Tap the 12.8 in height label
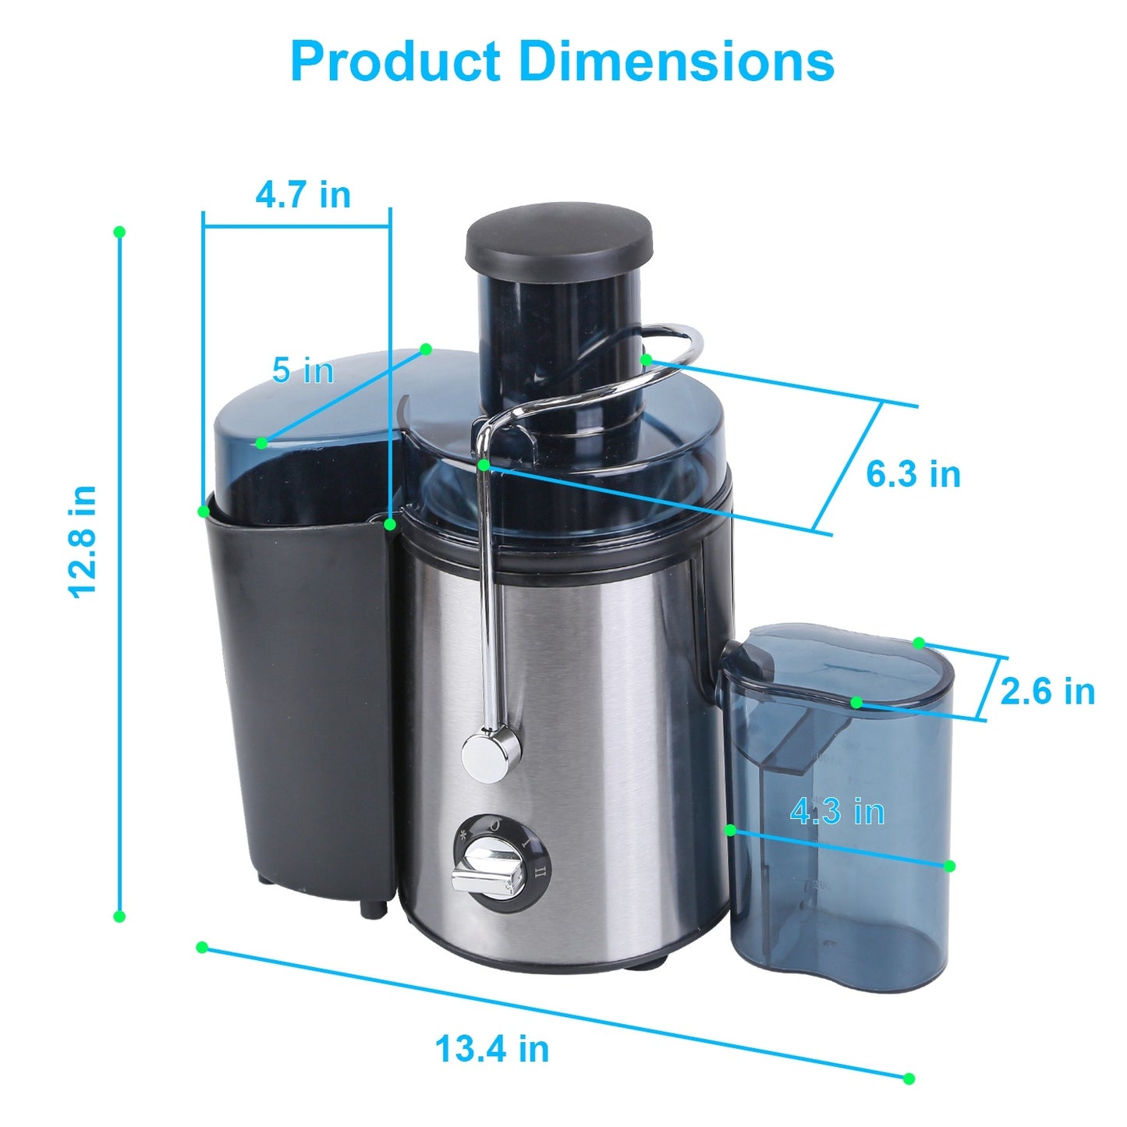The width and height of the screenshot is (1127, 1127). coord(83,541)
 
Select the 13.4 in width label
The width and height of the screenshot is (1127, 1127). coord(491,1048)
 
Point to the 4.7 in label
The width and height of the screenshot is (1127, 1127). coord(303,194)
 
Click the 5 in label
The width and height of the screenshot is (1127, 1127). coord(303,370)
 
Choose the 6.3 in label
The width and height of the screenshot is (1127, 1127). coord(913,474)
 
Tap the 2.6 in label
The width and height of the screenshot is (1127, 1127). coord(1047,691)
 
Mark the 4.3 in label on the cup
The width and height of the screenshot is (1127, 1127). coord(837,812)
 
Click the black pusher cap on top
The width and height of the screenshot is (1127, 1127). coord(558,232)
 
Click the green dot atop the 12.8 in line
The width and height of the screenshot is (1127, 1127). coord(119,232)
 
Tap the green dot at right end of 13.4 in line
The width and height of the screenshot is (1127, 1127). coord(909,1079)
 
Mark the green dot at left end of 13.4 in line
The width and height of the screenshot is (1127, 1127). coord(202,947)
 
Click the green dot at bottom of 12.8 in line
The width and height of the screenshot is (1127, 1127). coord(119,916)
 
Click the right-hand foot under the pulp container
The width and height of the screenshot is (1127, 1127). coord(374,907)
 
